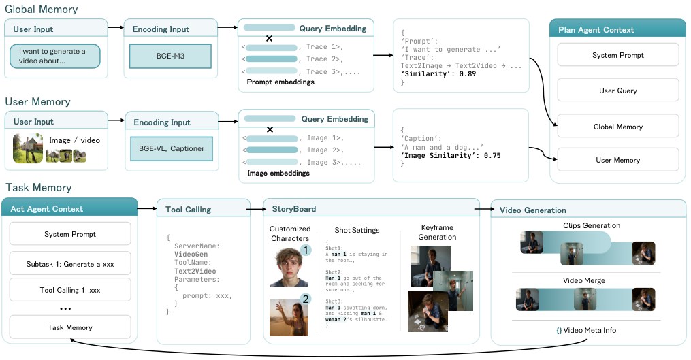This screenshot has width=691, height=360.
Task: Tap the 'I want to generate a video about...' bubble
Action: (55, 56)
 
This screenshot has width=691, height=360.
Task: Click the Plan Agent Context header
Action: (617, 29)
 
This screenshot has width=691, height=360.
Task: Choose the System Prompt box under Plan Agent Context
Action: (617, 55)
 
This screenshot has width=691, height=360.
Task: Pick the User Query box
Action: (617, 91)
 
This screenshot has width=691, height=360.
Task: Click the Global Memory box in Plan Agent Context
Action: (617, 127)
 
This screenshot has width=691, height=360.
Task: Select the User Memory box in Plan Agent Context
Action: (617, 160)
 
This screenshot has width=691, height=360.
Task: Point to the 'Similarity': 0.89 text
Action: (436, 73)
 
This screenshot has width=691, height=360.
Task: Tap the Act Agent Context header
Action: (69, 209)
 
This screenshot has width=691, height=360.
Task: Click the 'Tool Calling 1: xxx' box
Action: (70, 290)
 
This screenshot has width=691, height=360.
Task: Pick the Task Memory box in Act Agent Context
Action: (70, 327)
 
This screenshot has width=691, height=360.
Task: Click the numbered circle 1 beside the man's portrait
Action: (306, 250)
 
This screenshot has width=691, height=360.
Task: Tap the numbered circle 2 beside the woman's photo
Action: (306, 298)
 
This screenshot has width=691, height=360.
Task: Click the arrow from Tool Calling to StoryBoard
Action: (258, 209)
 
